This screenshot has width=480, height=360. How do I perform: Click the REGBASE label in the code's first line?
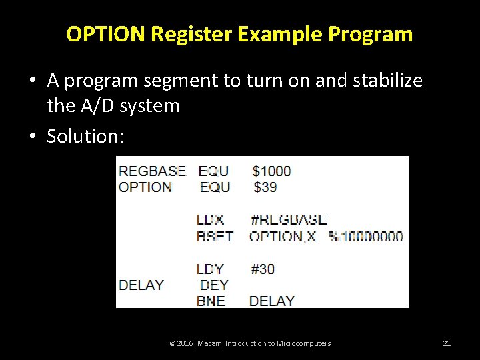click(x=152, y=171)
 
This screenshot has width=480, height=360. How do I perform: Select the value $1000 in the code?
click(x=271, y=171)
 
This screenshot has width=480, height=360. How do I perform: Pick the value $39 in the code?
click(x=265, y=187)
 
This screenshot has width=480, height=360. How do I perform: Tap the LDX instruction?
click(x=211, y=219)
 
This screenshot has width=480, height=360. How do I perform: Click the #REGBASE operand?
click(x=288, y=219)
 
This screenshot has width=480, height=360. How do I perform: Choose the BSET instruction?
click(x=215, y=236)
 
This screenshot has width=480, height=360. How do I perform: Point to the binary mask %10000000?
click(x=365, y=236)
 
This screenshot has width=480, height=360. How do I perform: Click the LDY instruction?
click(x=211, y=269)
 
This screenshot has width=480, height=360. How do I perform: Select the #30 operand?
click(x=263, y=269)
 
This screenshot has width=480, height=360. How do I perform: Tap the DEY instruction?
click(x=214, y=285)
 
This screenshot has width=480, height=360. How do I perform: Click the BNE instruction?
click(x=211, y=301)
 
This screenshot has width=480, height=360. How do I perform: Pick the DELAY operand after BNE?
click(x=271, y=301)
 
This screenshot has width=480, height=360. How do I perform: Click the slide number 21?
click(x=447, y=343)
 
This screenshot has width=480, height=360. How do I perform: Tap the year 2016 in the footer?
click(x=184, y=343)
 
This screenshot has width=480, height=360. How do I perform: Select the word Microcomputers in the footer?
click(x=305, y=343)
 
